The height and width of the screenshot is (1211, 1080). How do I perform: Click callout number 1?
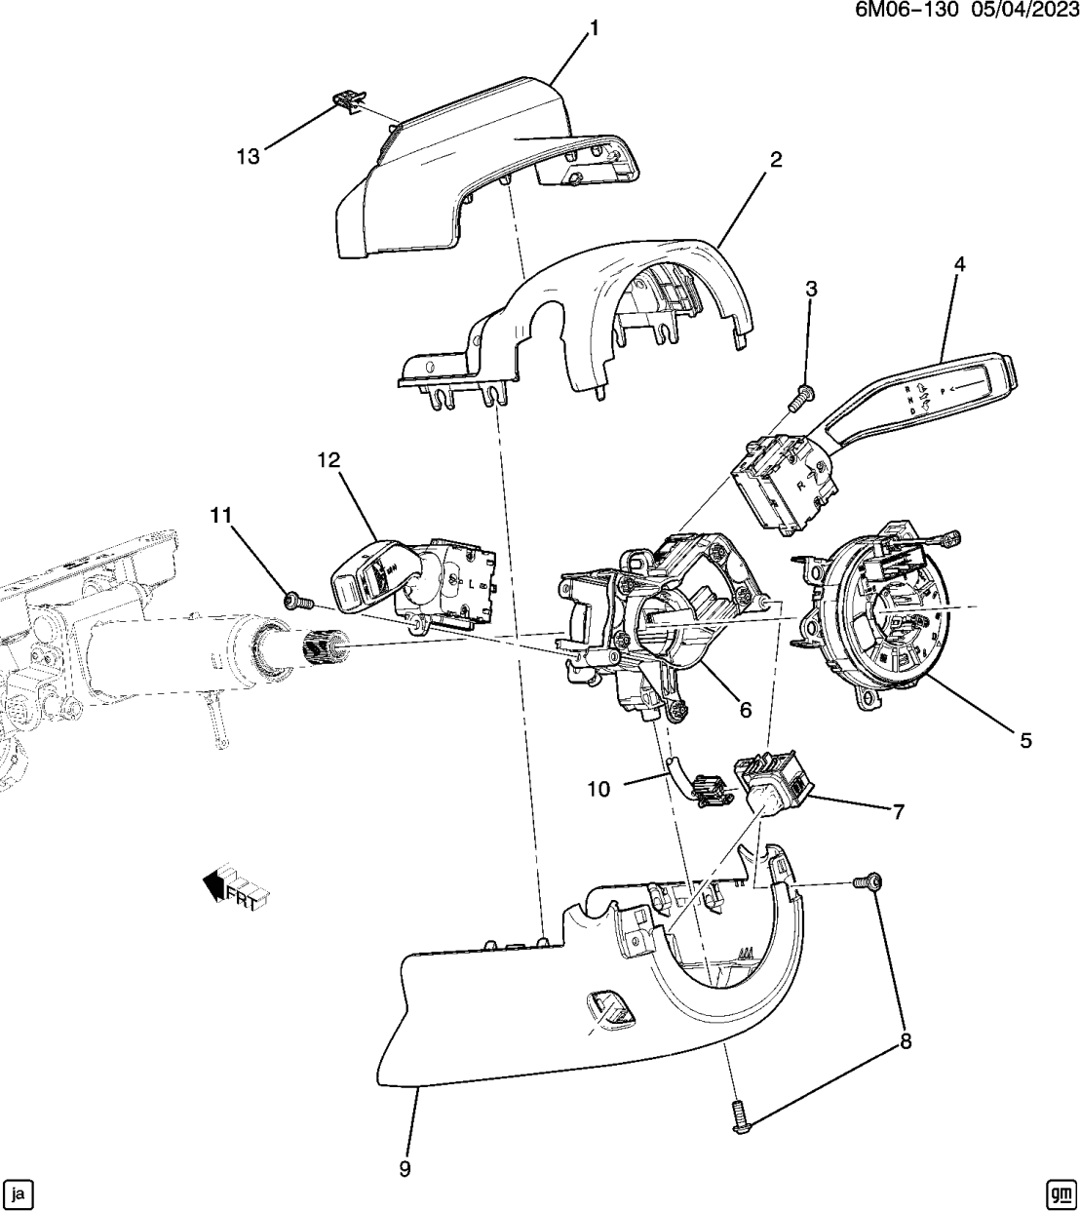click(593, 28)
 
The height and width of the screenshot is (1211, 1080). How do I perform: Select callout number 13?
click(248, 156)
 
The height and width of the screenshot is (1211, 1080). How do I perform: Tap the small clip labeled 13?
click(349, 99)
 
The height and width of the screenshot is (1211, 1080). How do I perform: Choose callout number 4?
click(959, 264)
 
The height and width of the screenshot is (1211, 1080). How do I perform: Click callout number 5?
click(1025, 741)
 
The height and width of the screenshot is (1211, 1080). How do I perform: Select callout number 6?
click(746, 710)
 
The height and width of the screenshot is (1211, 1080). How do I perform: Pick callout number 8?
click(905, 1042)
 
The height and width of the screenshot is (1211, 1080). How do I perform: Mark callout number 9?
click(405, 1168)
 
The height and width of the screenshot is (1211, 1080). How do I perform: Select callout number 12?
click(328, 459)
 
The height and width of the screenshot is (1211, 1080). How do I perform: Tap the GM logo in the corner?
click(1060, 1192)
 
